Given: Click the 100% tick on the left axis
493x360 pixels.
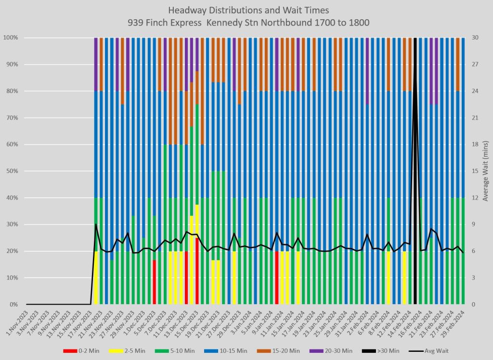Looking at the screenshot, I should point(11,38).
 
